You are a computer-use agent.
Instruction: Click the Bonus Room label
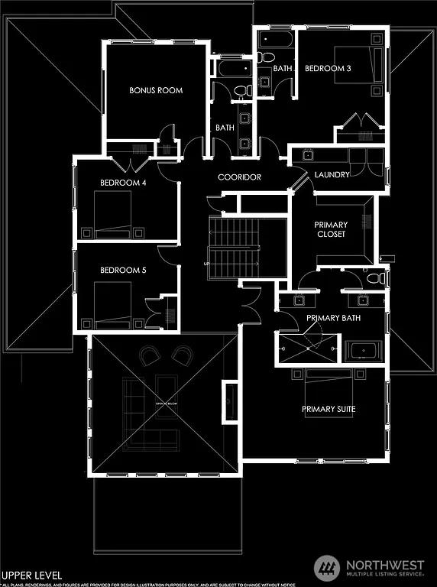(156, 90)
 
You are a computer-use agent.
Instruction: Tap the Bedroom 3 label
(328, 68)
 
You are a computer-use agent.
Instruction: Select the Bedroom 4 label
(123, 183)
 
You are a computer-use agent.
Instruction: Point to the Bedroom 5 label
(123, 270)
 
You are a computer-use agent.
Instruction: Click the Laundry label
(332, 174)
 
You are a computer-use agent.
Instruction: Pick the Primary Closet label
(331, 229)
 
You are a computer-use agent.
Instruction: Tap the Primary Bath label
(333, 317)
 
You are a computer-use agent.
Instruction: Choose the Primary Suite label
(329, 409)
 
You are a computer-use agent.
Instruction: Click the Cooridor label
(239, 177)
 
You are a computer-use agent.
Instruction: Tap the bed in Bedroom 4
(112, 214)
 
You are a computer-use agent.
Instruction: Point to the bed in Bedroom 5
(112, 300)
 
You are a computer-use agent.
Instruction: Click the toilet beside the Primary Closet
(374, 278)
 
